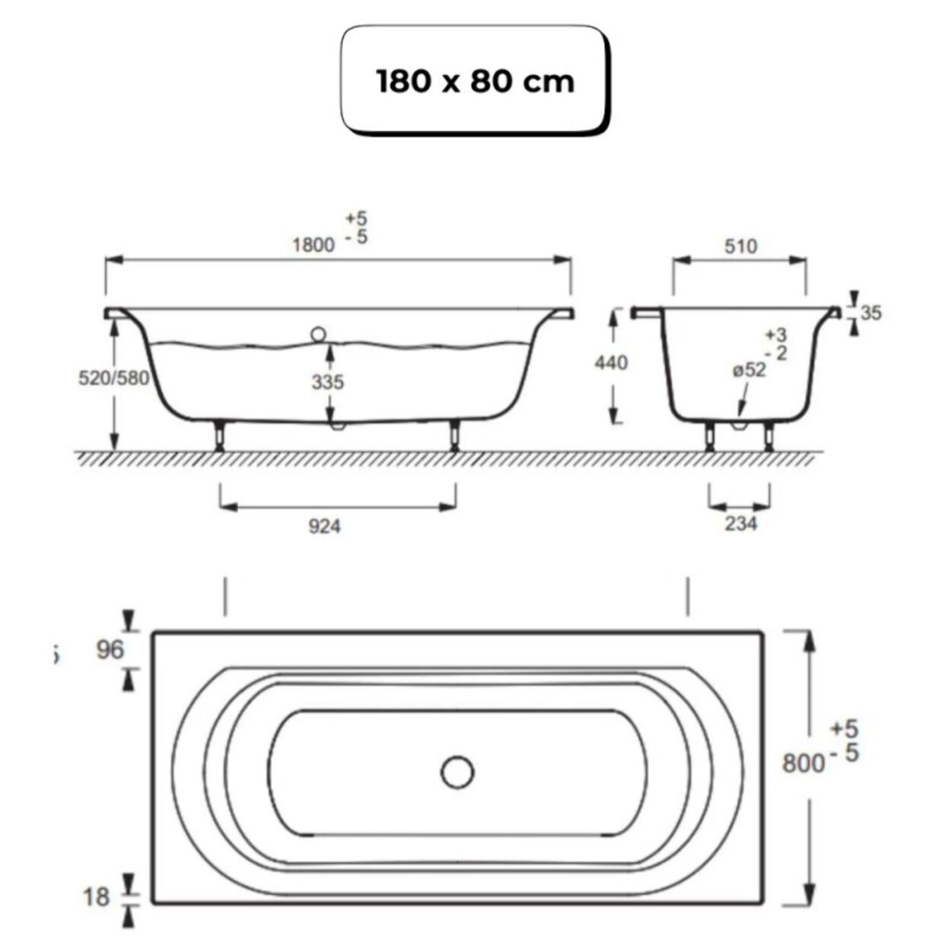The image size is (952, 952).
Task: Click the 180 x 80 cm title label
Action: pos(475,81)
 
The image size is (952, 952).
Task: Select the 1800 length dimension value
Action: pos(314,244)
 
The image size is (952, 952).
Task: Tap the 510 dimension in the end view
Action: pos(740,246)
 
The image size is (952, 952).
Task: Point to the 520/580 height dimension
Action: pos(113,378)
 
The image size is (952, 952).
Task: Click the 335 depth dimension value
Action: pos(327,381)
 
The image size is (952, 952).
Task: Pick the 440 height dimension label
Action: pos(611,362)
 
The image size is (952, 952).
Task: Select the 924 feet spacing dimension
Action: pos(324,525)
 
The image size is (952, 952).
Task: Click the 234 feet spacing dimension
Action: pos(740,523)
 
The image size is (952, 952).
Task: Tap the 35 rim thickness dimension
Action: pos(871,312)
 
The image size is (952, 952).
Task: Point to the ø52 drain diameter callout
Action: pos(749,371)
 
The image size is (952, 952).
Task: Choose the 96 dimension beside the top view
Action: pos(110,649)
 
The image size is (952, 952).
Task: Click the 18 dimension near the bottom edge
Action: pos(97,896)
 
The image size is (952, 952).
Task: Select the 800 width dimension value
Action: pos(803,762)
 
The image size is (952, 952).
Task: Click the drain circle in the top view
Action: pos(457,772)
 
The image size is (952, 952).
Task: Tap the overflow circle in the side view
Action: pos(318,333)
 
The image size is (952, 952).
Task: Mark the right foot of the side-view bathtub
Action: pos(454,437)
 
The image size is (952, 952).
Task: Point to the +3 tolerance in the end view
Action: pos(776,335)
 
